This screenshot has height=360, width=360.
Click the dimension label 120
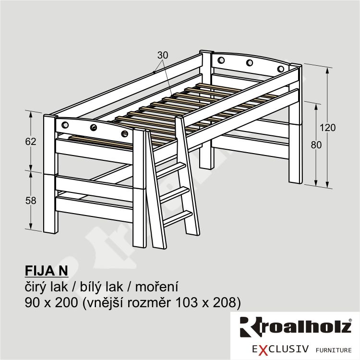(x=328, y=128)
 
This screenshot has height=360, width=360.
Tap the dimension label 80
(x=316, y=145)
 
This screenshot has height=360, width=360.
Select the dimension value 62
(x=31, y=142)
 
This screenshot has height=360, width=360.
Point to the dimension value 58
(x=31, y=201)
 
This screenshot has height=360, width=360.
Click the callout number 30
(x=163, y=55)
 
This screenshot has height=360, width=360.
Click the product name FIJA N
(x=47, y=271)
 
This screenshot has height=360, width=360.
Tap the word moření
(x=156, y=287)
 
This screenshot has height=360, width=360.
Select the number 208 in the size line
(x=225, y=302)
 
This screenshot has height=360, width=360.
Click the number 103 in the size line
(x=186, y=302)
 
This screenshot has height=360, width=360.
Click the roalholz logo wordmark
(x=296, y=327)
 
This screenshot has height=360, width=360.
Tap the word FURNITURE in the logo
(x=334, y=350)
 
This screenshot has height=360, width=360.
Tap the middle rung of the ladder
(x=175, y=194)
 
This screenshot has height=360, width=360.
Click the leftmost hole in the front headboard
(x=65, y=125)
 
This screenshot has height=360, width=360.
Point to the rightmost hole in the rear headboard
(x=280, y=69)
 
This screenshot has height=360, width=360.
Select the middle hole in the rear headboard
(x=250, y=62)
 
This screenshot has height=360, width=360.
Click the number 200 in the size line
(x=66, y=302)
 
